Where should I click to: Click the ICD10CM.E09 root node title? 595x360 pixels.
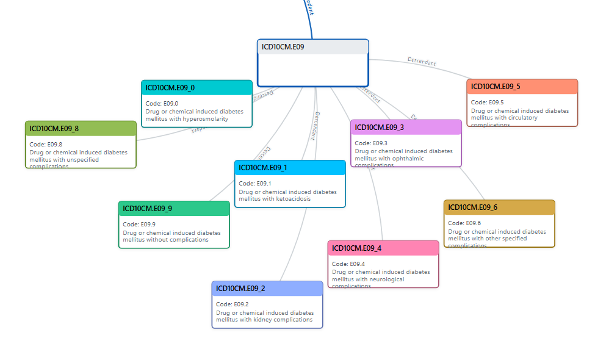tap(283, 47)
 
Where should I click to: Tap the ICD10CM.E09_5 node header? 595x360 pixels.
tap(496, 87)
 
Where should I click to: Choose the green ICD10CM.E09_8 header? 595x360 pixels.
tap(54, 129)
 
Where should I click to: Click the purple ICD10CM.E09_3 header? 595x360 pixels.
tap(380, 128)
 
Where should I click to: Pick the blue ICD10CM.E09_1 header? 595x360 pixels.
tap(263, 168)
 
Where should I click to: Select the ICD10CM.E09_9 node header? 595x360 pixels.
tap(148, 209)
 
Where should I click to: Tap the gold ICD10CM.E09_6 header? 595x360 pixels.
tap(473, 207)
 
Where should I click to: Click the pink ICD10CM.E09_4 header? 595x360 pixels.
tap(357, 248)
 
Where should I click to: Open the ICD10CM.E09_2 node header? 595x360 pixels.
tap(241, 289)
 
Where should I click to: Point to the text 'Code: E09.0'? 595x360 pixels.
tap(162, 104)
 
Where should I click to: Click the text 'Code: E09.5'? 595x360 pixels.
tap(487, 103)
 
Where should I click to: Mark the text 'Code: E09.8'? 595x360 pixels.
tap(46, 145)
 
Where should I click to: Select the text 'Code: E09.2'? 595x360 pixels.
tap(232, 304)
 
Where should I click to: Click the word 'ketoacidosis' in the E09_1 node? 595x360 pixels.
tap(293, 199)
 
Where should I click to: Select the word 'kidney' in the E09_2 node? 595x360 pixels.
tap(263, 320)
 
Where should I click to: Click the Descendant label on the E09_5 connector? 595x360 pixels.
tap(422, 61)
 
